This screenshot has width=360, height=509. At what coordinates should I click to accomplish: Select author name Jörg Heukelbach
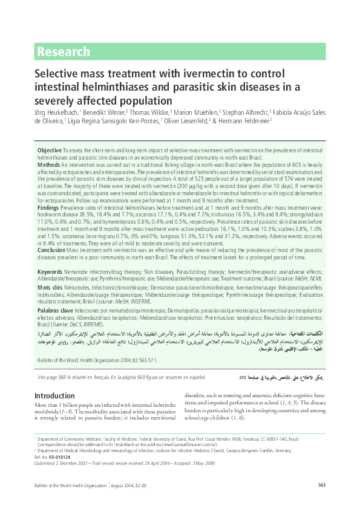pyautogui.click(x=53, y=112)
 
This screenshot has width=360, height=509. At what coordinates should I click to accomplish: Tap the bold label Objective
pyautogui.click(x=50, y=150)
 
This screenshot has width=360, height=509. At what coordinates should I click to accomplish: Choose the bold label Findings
pyautogui.click(x=50, y=206)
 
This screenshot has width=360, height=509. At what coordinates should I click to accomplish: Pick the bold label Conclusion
pyautogui.click(x=52, y=248)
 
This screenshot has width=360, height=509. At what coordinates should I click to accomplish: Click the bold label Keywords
pyautogui.click(x=50, y=272)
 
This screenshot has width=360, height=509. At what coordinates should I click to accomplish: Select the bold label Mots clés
pyautogui.click(x=50, y=289)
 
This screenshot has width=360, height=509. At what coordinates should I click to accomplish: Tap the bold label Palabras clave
pyautogui.click(x=55, y=311)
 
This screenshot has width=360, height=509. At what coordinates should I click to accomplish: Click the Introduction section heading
pyautogui.click(x=54, y=396)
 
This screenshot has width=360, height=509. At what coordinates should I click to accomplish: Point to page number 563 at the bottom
pyautogui.click(x=322, y=485)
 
